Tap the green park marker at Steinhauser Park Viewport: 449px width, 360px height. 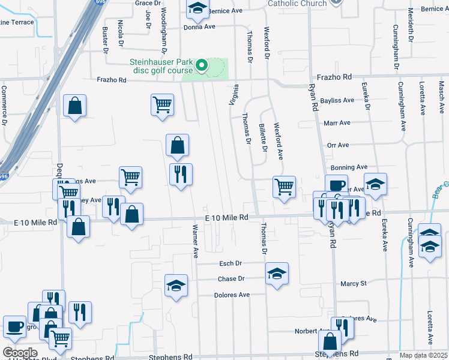click(202, 65)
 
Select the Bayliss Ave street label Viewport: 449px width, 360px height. click(338, 100)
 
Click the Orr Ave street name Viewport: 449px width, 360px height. click(338, 145)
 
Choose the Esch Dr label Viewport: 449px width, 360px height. click(230, 263)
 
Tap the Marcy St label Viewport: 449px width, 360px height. click(353, 283)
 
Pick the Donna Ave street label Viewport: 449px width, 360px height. click(199, 27)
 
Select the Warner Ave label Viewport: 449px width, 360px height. click(195, 241)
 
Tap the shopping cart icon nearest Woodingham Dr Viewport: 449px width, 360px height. click(162, 104)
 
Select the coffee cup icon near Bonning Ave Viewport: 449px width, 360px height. click(336, 185)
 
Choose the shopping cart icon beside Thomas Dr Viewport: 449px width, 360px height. click(284, 186)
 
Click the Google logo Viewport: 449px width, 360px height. click(20, 352)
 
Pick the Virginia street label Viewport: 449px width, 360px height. click(232, 94)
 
